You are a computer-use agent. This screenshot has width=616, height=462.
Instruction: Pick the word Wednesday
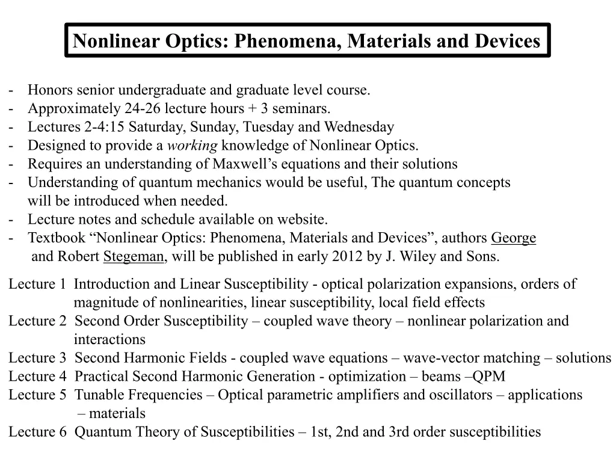(359, 127)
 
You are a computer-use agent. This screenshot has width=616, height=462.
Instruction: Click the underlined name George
(513, 238)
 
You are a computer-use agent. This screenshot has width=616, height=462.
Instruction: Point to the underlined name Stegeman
(134, 257)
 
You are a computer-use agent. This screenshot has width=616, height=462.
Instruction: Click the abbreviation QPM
(489, 377)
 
